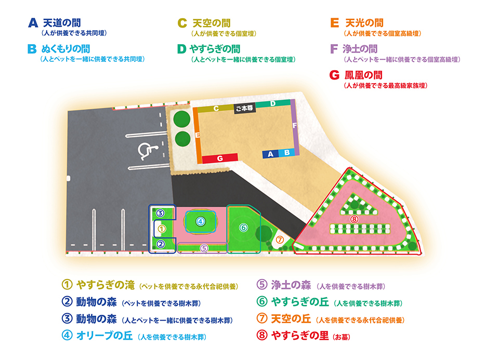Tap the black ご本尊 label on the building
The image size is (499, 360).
tap(244, 109)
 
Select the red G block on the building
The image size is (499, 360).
tap(220, 157)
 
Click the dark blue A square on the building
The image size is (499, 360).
tap(270, 154)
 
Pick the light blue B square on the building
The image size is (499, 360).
tap(286, 153)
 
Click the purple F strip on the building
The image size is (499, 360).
tap(295, 126)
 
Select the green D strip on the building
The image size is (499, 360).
tap(273, 104)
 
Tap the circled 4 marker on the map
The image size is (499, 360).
tap(201, 221)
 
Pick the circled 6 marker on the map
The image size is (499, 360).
tap(243, 228)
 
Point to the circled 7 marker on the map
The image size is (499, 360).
tap(280, 239)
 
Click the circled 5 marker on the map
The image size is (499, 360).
tap(204, 248)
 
